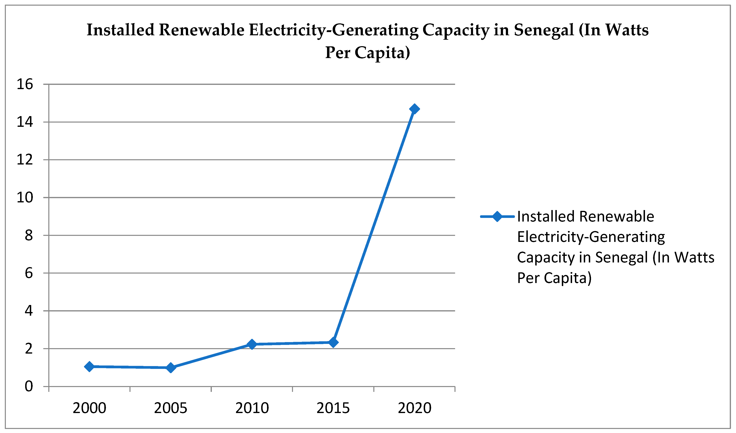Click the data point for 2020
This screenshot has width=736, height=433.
pyautogui.click(x=414, y=109)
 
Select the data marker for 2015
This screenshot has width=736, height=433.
pyautogui.click(x=333, y=342)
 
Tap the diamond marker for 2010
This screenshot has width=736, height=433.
pyautogui.click(x=252, y=344)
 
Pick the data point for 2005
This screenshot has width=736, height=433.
pyautogui.click(x=171, y=367)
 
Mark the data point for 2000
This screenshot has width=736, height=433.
pyautogui.click(x=89, y=366)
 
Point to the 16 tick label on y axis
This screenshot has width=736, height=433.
pyautogui.click(x=25, y=84)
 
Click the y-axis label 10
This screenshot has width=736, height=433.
pyautogui.click(x=25, y=198)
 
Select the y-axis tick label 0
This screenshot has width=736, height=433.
pyautogui.click(x=29, y=386)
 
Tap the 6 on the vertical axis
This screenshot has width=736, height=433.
pyautogui.click(x=29, y=273)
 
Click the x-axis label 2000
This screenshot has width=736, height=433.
pyautogui.click(x=89, y=408)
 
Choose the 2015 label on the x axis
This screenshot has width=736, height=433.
pyautogui.click(x=333, y=408)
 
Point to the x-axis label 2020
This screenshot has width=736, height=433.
pyautogui.click(x=414, y=408)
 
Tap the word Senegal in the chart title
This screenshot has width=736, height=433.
pyautogui.click(x=544, y=30)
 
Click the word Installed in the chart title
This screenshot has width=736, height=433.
pyautogui.click(x=121, y=30)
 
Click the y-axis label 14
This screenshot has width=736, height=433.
pyautogui.click(x=25, y=122)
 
